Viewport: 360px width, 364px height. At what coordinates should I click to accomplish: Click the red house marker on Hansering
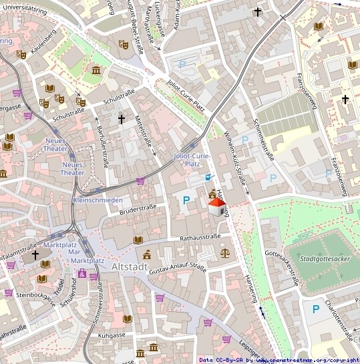(217, 208)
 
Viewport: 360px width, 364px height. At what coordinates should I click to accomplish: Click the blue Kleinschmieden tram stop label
(97, 200)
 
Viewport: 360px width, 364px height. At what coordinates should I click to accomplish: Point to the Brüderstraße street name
(137, 210)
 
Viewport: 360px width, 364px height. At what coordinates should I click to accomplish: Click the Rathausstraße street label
(200, 237)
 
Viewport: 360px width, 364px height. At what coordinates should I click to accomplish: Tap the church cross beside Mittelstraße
(121, 119)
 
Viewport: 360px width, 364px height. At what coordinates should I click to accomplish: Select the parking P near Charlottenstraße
(315, 309)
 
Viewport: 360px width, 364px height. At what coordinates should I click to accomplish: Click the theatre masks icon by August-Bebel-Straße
(123, 44)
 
